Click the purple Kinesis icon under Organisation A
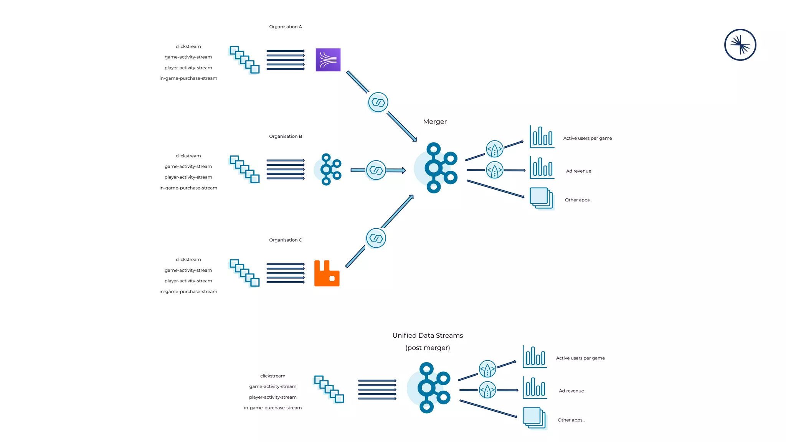pos(328,60)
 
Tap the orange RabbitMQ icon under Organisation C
pos(327,273)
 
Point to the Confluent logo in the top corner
pos(740,45)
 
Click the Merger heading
pos(434,122)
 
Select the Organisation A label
pos(286,27)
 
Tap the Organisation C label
pos(286,240)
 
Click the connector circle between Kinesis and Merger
pos(378,102)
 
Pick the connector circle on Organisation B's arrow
pos(376,170)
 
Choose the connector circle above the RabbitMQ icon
pos(376,238)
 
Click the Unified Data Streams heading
pos(428,335)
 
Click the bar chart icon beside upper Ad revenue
pos(542,168)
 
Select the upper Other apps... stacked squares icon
pos(542,198)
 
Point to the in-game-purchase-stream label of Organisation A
pos(188,78)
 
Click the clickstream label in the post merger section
pos(272,376)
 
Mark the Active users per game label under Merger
pos(587,139)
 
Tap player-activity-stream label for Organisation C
pos(188,281)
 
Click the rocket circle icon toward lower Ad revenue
pos(487,390)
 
